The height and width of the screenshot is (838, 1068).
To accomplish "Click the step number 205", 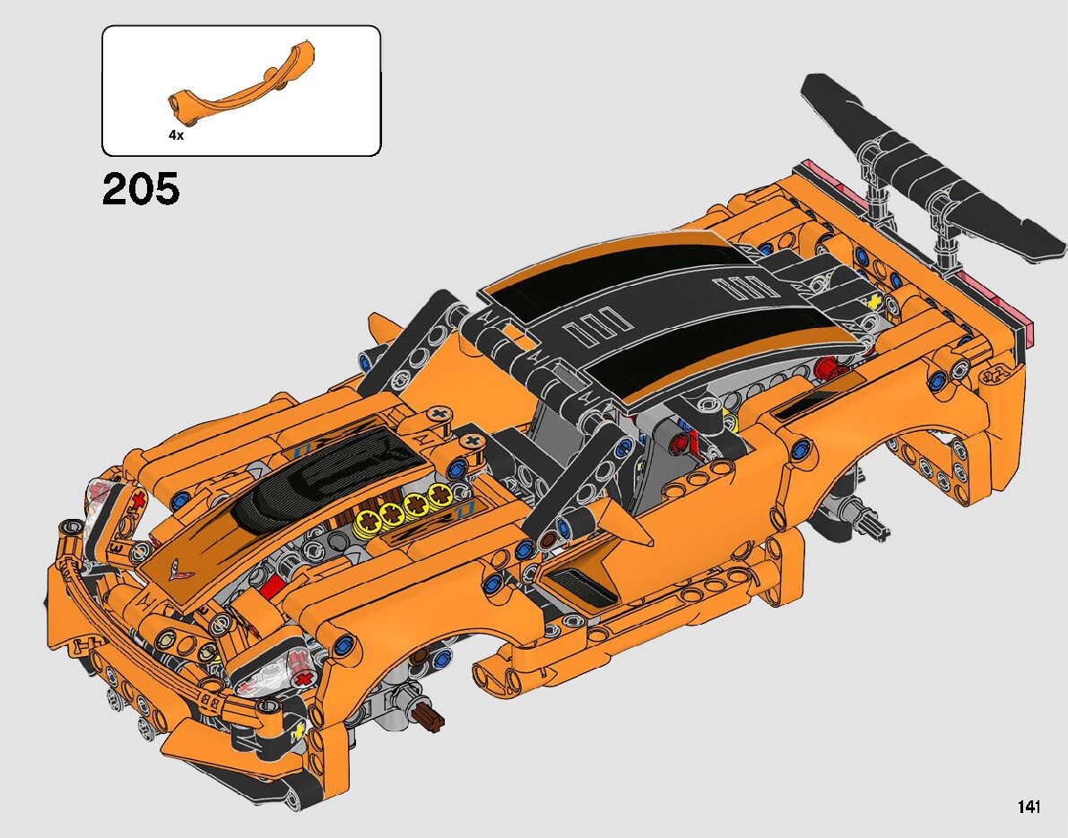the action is coord(141,188).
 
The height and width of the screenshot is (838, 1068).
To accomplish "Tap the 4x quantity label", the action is coord(177,135).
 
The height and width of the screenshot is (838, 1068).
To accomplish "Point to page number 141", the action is coord(1029,807).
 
